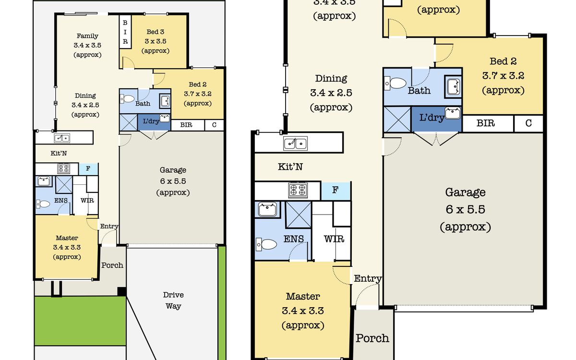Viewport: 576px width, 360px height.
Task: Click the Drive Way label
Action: tap(173, 300)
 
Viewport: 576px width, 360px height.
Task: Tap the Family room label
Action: tap(87, 36)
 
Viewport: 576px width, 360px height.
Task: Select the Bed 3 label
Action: tap(156, 32)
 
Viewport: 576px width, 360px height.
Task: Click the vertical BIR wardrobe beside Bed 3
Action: tap(125, 32)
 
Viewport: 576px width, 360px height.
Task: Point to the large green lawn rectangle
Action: tap(80, 321)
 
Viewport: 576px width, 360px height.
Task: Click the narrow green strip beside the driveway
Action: tap(222, 303)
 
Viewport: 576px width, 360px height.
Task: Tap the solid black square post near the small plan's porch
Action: tap(121, 292)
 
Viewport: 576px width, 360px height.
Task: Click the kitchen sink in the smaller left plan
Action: tap(62, 138)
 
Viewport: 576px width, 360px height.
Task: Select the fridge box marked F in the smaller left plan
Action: tap(88, 168)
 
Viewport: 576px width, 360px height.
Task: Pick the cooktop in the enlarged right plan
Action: tap(298, 191)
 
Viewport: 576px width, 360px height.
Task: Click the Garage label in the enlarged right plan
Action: tap(466, 192)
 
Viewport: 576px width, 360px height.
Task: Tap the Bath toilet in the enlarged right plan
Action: tap(396, 84)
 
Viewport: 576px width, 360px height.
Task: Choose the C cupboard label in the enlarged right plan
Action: tap(528, 123)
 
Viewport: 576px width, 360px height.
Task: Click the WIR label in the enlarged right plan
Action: tap(334, 239)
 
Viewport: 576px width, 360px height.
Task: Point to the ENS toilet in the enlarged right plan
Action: tap(266, 244)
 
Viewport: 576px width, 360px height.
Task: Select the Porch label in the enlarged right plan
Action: tap(372, 338)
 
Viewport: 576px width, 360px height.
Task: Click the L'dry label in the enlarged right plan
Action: tap(432, 118)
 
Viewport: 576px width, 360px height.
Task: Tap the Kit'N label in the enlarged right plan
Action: tap(290, 167)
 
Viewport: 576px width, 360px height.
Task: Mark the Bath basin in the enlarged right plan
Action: tap(453, 87)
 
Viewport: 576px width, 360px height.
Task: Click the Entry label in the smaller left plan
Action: tap(109, 226)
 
